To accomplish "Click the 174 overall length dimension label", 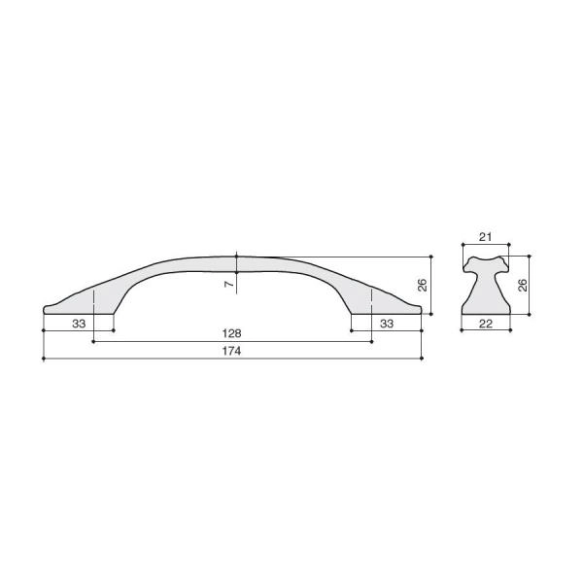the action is pyautogui.click(x=231, y=351).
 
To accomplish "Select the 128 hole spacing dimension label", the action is pyautogui.click(x=231, y=333).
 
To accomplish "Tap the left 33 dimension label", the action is pyautogui.click(x=79, y=324).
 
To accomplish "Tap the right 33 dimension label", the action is pyautogui.click(x=387, y=324).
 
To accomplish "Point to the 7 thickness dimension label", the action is pyautogui.click(x=229, y=284).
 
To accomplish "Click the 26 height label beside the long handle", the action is pyautogui.click(x=423, y=285).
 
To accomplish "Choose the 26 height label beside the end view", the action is pyautogui.click(x=523, y=285).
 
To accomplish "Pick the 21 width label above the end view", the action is pyautogui.click(x=485, y=237).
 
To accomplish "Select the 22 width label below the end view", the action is pyautogui.click(x=486, y=324).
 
